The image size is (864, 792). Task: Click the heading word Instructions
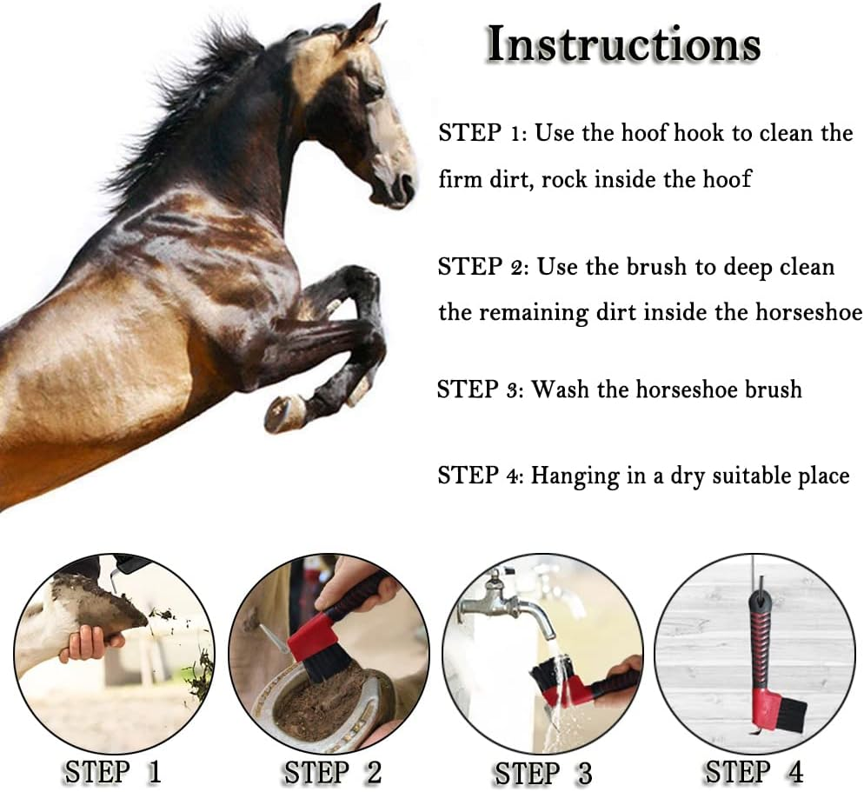[623, 44]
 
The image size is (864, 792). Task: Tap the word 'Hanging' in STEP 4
[574, 476]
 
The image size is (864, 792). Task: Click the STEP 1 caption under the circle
[110, 771]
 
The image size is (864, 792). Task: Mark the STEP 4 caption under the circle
[754, 771]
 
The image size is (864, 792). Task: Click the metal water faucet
[508, 601]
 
